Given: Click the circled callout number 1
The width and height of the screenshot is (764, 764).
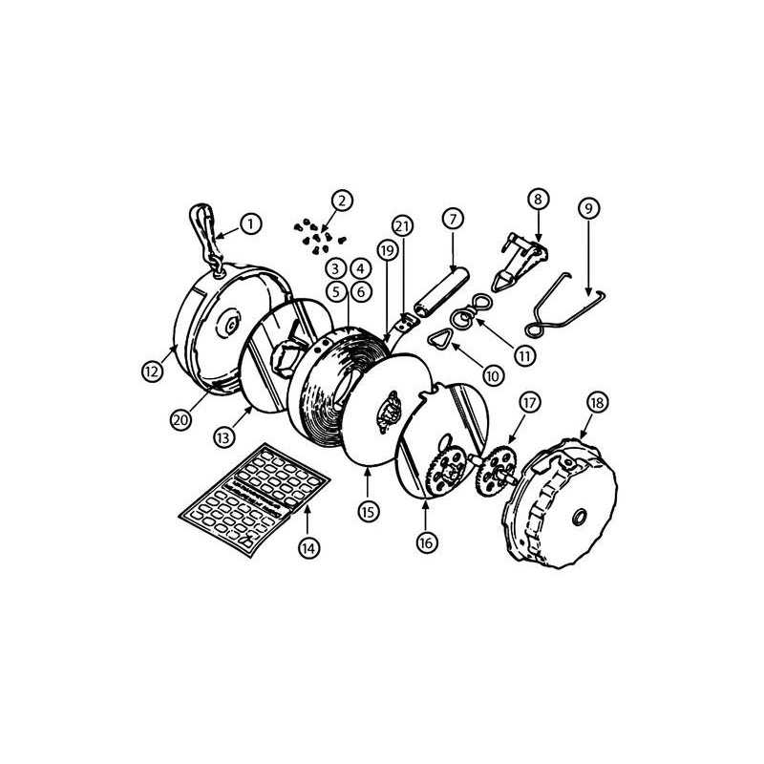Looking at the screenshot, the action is (x=251, y=224).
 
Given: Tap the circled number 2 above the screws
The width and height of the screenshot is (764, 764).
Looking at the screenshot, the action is (x=342, y=200).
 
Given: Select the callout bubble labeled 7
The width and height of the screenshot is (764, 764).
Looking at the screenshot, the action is (x=453, y=219).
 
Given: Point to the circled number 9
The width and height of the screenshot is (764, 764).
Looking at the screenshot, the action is (x=589, y=208).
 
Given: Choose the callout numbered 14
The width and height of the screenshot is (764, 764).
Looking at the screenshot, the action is (x=308, y=548).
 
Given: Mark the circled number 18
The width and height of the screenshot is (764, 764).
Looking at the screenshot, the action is (x=598, y=402).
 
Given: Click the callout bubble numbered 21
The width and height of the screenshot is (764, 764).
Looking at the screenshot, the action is (x=402, y=226).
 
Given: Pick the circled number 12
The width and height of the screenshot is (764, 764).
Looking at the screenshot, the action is (x=152, y=371).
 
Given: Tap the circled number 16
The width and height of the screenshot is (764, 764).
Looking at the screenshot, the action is (x=426, y=542).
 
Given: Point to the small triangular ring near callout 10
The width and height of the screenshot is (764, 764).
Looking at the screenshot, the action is (x=439, y=337).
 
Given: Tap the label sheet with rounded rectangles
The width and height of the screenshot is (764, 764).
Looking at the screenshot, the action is (x=254, y=499).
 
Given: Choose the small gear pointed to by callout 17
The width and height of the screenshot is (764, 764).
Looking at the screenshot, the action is (x=496, y=471).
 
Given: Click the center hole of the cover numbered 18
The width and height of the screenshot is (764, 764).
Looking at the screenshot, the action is (x=580, y=516).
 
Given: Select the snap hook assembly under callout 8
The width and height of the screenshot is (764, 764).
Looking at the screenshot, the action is (x=520, y=262).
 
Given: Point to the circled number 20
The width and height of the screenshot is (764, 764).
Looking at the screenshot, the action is (x=180, y=419).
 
